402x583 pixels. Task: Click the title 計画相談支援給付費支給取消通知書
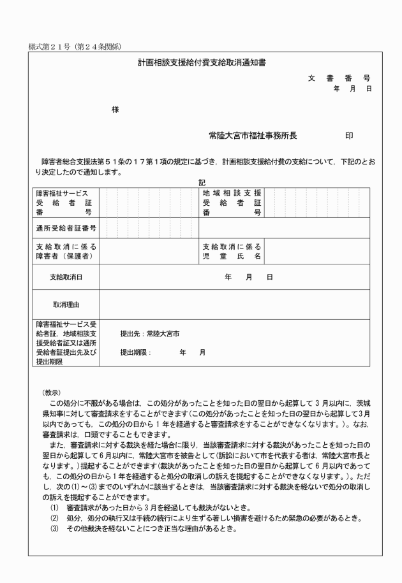[x=201, y=64]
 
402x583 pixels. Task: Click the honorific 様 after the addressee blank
[x=115, y=110]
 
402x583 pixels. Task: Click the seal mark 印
[x=349, y=136]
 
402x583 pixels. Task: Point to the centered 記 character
[x=202, y=182]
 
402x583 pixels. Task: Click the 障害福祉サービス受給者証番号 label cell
[x=65, y=203]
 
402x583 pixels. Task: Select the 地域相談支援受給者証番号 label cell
[x=232, y=203]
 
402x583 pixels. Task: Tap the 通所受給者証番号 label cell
[x=66, y=227]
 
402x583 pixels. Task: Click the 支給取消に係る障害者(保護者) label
[x=65, y=251]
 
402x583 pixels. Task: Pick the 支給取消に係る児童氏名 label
[x=232, y=251]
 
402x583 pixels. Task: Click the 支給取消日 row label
[x=66, y=277]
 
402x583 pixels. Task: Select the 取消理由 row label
[x=66, y=305]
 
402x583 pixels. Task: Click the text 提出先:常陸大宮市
[x=150, y=333]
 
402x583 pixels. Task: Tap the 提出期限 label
[x=135, y=352]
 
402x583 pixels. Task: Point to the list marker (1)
[x=54, y=507]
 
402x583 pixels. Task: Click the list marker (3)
[x=54, y=528]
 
